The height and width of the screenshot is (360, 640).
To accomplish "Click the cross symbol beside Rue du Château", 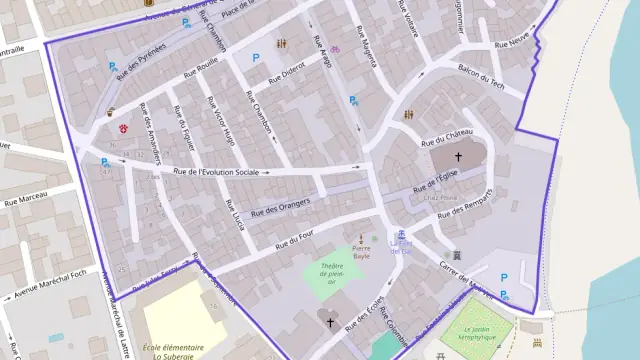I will [459, 157].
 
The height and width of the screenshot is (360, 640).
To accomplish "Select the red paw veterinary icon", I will [124, 129].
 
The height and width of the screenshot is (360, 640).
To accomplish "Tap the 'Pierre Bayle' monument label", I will [360, 252].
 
